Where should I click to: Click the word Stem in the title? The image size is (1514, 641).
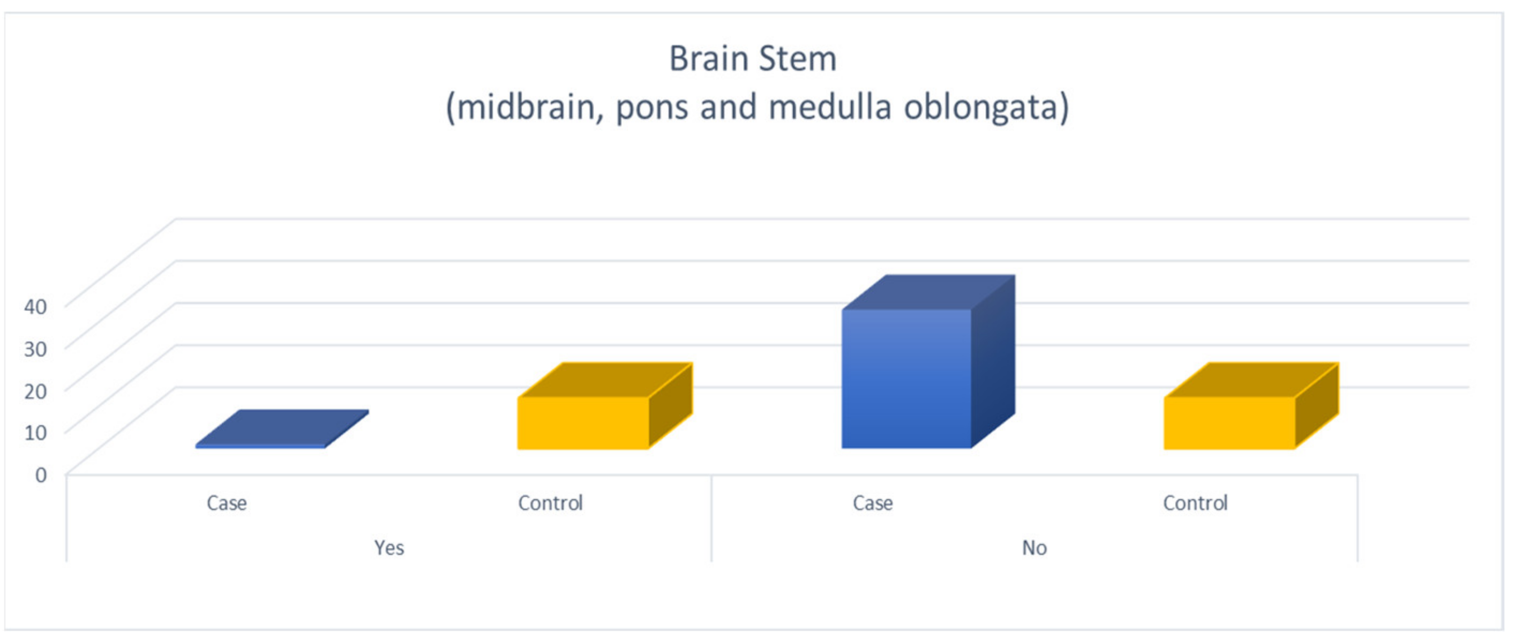click(798, 59)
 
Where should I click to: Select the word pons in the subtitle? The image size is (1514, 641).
click(652, 110)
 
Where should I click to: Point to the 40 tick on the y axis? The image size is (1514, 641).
click(35, 306)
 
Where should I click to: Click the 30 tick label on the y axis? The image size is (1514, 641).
click(35, 349)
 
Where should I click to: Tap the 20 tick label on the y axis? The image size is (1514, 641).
click(35, 390)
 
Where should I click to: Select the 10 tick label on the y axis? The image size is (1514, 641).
click(35, 433)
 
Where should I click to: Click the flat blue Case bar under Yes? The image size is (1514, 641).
click(282, 429)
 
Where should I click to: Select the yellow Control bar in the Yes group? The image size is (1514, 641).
click(605, 406)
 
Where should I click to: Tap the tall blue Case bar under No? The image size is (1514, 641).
click(928, 362)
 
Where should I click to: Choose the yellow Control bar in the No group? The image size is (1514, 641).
click(1251, 406)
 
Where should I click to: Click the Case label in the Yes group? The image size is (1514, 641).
click(227, 503)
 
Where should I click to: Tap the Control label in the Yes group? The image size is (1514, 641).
click(550, 503)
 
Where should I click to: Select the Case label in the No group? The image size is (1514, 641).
click(873, 503)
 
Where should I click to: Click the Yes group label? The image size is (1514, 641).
click(389, 548)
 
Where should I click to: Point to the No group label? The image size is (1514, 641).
click(1035, 548)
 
